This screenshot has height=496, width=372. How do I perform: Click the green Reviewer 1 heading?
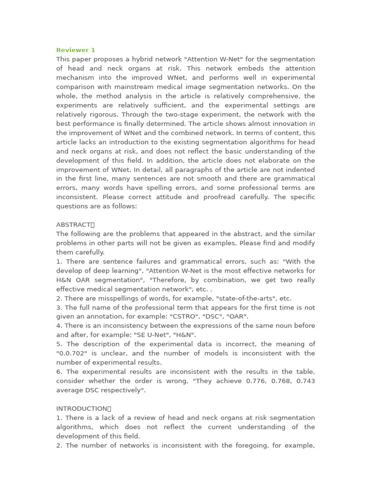coord(76,50)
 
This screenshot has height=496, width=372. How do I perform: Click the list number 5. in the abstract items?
coord(59,344)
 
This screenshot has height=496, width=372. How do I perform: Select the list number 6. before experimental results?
coord(59,372)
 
